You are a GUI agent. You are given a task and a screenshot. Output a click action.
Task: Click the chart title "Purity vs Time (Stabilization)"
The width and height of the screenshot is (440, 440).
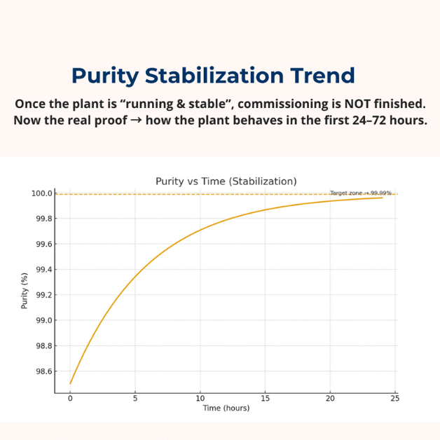tap(226, 181)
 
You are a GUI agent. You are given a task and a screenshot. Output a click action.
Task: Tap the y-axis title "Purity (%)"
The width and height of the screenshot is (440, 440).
tap(25, 290)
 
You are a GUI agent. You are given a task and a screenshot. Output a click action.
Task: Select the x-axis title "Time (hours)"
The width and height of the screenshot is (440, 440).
tap(226, 408)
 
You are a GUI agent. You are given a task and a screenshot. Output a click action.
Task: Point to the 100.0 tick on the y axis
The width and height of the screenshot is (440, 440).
tap(42, 193)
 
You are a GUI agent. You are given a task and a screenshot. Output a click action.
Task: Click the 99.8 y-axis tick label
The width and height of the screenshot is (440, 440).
tap(43, 219)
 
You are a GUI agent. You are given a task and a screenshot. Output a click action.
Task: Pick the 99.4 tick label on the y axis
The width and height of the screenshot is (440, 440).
tap(43, 270)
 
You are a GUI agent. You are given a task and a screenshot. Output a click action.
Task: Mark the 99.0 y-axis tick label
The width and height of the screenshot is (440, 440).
tap(43, 320)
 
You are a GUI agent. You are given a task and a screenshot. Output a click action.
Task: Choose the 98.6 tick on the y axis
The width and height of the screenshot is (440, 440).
tap(43, 371)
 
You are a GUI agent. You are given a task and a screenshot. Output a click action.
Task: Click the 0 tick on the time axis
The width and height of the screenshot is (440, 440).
tap(70, 399)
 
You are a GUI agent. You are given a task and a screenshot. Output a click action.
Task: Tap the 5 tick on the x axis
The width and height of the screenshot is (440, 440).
tap(135, 399)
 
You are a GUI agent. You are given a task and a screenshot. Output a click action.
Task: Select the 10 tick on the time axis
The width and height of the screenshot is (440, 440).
tap(200, 399)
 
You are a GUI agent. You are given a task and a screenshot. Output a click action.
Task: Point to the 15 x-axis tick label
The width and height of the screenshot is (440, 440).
tap(266, 399)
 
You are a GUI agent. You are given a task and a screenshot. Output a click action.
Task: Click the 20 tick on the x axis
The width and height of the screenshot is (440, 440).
tap(331, 399)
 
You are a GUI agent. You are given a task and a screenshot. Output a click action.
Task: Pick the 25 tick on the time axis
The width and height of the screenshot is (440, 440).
tap(395, 399)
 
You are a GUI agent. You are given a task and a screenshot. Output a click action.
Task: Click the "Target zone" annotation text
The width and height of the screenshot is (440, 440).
tap(360, 193)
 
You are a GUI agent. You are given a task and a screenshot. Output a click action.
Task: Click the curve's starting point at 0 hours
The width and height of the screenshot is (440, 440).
tap(71, 383)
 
